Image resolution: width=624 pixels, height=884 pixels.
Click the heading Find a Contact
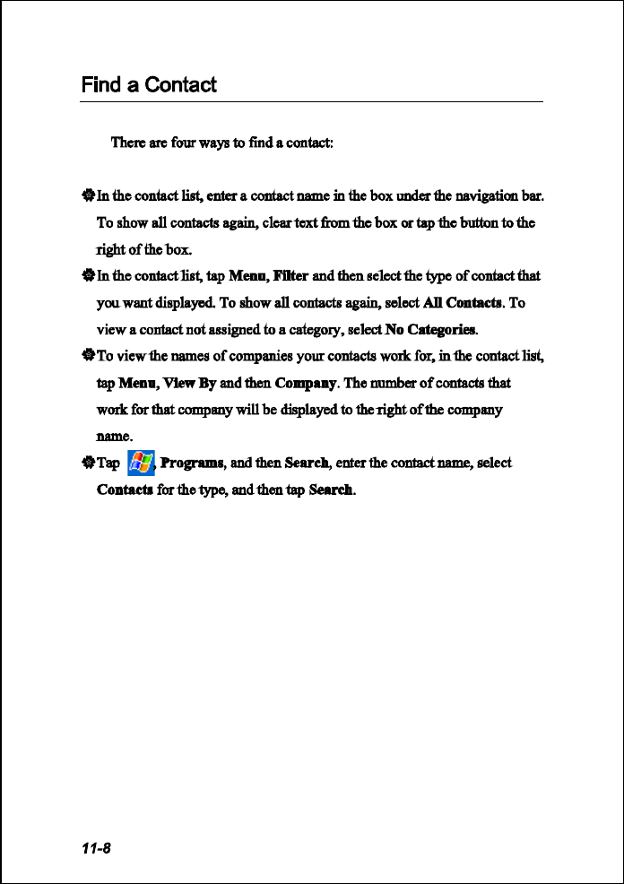tap(149, 85)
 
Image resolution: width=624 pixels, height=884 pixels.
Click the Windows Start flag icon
tap(140, 463)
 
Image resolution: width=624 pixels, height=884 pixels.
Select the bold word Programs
tap(191, 464)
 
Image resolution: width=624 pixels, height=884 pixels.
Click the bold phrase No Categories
tap(431, 329)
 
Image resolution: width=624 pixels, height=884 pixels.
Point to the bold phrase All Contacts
tap(461, 302)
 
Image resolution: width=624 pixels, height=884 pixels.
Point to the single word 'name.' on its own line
tap(114, 437)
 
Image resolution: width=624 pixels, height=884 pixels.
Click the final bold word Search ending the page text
tap(331, 490)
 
